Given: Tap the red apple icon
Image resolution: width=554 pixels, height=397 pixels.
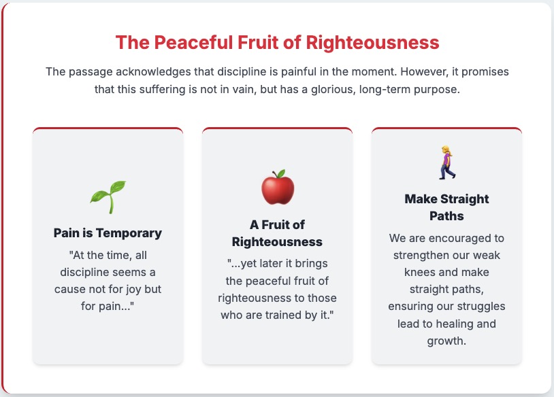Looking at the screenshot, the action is [278, 188].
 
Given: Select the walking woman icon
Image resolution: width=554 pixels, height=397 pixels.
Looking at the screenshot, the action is [447, 162].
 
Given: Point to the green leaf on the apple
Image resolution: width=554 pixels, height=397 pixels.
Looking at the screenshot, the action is [281, 173].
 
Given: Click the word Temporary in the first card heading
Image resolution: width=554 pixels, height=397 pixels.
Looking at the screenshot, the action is [129, 233].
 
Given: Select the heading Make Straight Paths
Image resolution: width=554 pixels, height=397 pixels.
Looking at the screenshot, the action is [446, 207].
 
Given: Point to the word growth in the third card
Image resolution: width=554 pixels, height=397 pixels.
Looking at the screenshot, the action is [446, 341].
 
